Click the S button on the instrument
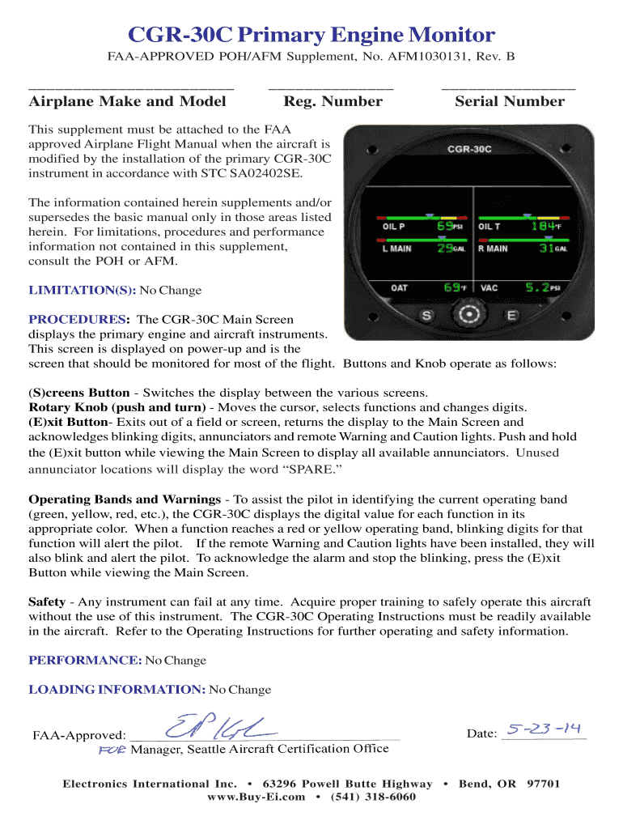(428, 316)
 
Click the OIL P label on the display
(395, 227)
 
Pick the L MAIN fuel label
(396, 249)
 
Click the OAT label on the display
(399, 287)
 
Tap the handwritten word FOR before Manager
(112, 750)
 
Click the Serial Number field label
(510, 101)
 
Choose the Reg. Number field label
(333, 101)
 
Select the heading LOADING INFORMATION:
(117, 690)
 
